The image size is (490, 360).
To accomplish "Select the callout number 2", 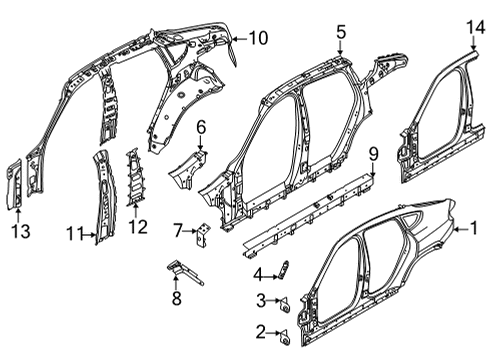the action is tap(260, 331).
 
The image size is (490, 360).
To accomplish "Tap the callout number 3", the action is tap(260, 301).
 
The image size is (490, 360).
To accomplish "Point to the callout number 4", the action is tap(258, 274).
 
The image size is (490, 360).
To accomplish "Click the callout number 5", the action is tap(340, 33).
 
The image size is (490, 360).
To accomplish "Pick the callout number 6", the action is tap(200, 127).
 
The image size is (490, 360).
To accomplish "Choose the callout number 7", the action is tap(178, 231).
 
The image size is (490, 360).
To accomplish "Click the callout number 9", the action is tap(373, 153).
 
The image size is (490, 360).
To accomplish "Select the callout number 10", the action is tap(258, 39).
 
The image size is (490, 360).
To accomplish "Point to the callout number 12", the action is tap(138, 226).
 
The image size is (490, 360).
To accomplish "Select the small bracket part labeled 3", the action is tap(281, 301).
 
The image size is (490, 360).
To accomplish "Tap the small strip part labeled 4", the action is tap(283, 269).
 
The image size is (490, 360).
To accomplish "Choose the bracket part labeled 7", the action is tap(202, 234).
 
